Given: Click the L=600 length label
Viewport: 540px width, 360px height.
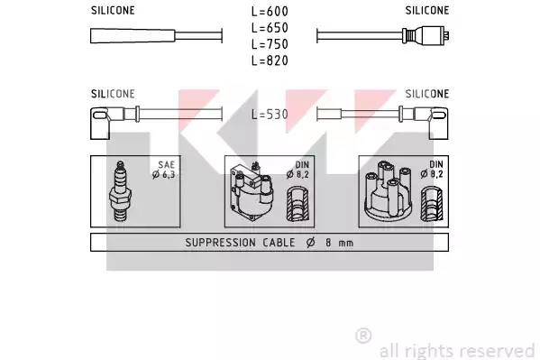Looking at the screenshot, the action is (270, 12).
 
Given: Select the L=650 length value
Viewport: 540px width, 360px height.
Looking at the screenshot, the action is (270, 28).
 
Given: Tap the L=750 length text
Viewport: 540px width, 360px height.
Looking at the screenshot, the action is (270, 44).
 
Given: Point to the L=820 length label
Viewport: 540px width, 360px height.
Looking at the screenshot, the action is (270, 60).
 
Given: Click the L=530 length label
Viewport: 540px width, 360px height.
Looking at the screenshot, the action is (270, 115).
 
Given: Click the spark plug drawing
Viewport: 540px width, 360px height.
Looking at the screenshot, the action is (120, 190).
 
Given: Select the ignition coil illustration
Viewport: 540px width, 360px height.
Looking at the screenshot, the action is (252, 191).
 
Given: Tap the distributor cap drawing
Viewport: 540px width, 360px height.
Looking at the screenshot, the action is (388, 190).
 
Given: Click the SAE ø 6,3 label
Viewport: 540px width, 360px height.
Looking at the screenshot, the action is (164, 170).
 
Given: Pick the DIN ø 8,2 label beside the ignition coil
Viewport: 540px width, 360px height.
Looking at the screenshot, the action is (297, 170).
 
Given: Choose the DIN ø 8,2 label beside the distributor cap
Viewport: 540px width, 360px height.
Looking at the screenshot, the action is (432, 170).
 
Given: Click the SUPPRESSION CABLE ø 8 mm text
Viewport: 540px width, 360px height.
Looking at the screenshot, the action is (270, 243).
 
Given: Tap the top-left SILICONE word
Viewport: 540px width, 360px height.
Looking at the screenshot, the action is (113, 10).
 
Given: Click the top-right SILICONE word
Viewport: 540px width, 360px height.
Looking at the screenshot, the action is (427, 10).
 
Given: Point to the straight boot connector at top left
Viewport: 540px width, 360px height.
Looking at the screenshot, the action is (133, 36).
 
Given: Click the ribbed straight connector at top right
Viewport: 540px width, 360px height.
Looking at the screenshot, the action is (426, 35).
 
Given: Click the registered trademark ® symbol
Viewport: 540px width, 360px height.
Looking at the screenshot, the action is (363, 336).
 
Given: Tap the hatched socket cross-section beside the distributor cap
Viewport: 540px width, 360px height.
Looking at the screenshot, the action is (432, 204).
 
